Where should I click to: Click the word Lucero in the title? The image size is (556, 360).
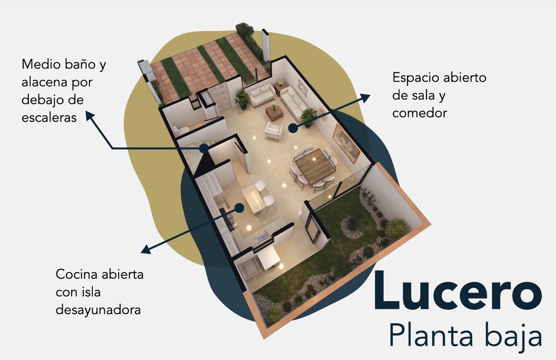(x=458, y=291)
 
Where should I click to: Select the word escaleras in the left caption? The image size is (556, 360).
(x=49, y=118)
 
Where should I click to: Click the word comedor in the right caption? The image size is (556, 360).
(x=420, y=113)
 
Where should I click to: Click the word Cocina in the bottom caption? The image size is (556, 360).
(x=76, y=274)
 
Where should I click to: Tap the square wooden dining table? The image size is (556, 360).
(x=315, y=166)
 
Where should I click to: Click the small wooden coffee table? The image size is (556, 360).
(x=274, y=113)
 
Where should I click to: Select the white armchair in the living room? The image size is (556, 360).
(x=274, y=131)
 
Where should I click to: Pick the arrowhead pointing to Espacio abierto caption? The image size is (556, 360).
(x=365, y=98)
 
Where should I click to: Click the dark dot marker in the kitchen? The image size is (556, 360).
(x=240, y=208)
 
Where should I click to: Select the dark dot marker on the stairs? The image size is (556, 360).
(x=204, y=148)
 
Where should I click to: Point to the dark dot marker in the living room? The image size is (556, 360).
(x=293, y=128)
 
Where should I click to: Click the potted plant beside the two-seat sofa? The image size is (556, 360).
(x=243, y=99)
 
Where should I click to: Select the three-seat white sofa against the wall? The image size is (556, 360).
(x=294, y=103)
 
